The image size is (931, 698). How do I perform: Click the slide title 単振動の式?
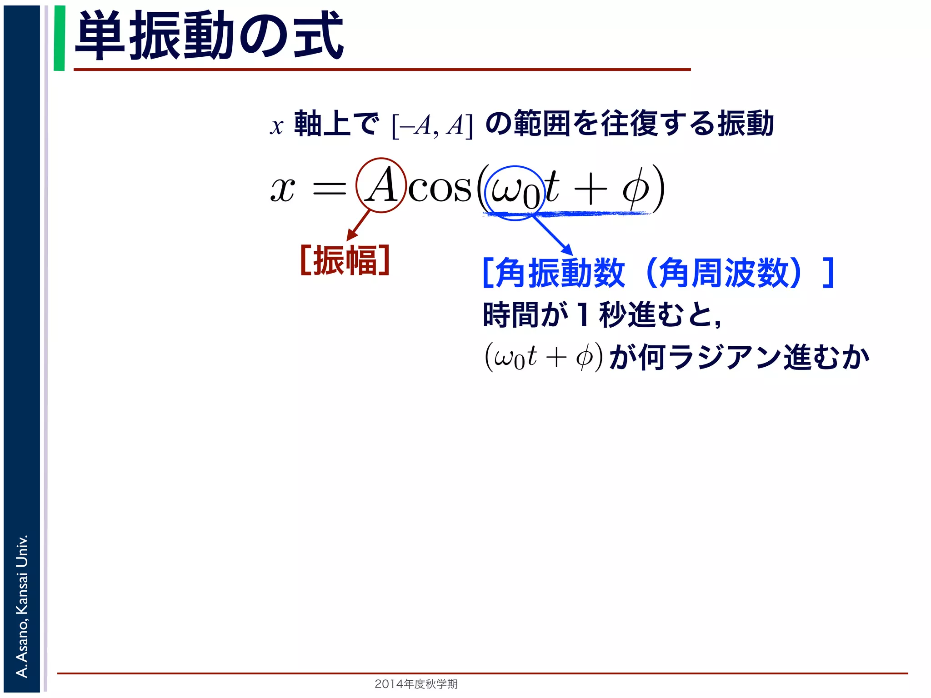tap(209, 36)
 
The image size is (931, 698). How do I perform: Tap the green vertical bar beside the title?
tap(59, 38)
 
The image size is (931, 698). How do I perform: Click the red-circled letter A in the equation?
tap(381, 185)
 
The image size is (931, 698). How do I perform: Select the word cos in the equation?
tap(440, 188)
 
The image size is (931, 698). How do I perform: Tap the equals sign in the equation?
tap(329, 188)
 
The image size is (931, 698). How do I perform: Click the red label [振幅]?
tap(345, 260)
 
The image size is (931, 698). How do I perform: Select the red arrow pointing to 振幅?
tap(358, 225)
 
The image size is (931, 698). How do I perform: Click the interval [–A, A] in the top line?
tap(432, 125)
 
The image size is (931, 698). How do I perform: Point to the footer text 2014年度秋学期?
tap(416, 684)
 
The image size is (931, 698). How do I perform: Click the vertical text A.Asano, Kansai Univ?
tap(22, 606)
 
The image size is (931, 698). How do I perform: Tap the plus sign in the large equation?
tap(590, 189)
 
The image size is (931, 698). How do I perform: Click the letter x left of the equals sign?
tap(283, 189)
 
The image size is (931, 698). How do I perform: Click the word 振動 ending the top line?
tap(746, 124)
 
